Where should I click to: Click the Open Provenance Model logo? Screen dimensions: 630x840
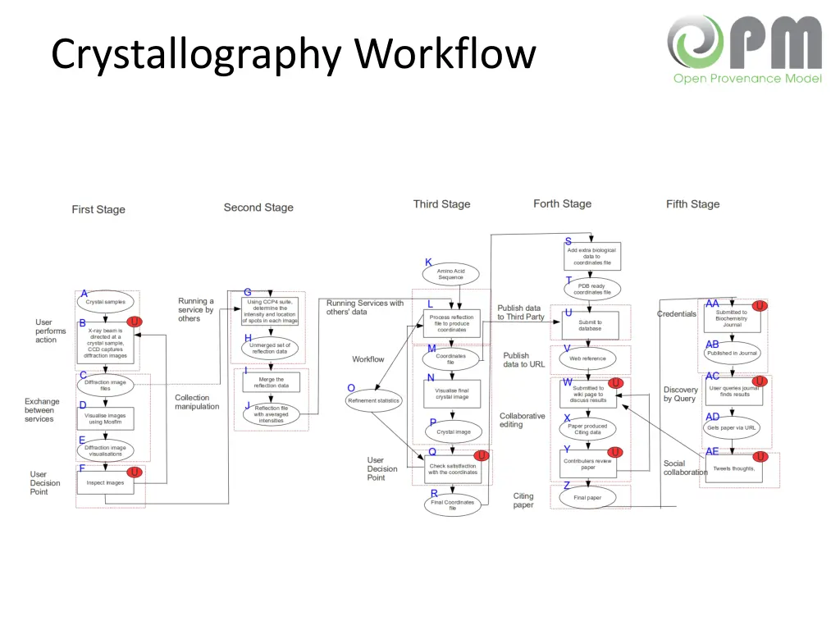745,49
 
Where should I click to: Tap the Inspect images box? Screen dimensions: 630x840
105,482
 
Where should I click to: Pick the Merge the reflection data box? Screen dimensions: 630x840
271,382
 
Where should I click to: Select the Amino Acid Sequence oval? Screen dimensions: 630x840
450,274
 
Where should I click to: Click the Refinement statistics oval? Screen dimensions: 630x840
373,401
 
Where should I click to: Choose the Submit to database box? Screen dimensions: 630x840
590,326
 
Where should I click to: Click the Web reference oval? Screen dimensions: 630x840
587,358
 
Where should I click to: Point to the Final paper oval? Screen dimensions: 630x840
587,497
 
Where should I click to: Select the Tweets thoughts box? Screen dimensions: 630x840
733,468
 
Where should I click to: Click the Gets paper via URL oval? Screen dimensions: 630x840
732,427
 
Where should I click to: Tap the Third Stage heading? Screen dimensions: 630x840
441,204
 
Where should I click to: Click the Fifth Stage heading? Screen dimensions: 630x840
692,204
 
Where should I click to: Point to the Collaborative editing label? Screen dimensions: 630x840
522,420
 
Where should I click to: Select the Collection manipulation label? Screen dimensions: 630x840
197,402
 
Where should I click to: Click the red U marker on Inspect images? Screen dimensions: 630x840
135,472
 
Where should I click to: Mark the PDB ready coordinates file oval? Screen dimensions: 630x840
592,289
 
